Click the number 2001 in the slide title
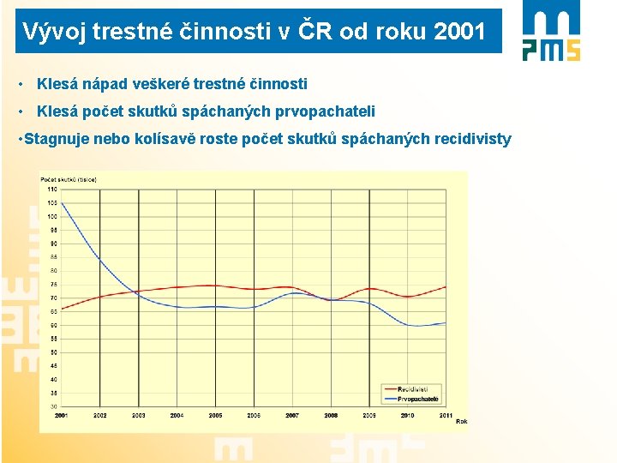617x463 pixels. pos(459,33)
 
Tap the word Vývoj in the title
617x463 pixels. pos(53,33)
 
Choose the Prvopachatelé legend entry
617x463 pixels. pos(416,399)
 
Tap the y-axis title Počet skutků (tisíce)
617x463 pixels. pos(69,179)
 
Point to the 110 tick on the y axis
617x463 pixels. pos(52,189)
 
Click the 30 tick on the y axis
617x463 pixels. pos(53,406)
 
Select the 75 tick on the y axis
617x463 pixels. pos(53,284)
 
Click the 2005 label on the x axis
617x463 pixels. pos(215,415)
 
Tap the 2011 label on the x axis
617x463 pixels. pos(446,415)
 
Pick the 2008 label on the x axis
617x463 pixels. pos(331,415)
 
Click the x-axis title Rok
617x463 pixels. pos(461,421)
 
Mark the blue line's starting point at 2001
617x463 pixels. pos(62,202)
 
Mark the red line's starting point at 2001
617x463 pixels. pos(62,309)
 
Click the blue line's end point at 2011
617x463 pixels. pos(446,323)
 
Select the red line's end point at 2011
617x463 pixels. pos(446,286)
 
